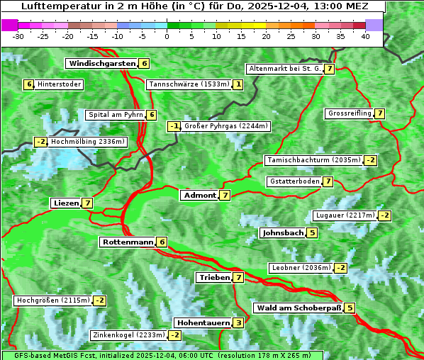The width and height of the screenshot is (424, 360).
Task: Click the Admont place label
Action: [x=199, y=195]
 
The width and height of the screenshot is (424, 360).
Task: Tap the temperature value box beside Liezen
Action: [x=88, y=203]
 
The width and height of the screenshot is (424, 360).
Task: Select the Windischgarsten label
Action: [x=101, y=63]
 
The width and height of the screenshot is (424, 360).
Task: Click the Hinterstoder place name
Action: [x=60, y=84]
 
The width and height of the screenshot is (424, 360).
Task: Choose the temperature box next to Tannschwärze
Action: [x=238, y=84]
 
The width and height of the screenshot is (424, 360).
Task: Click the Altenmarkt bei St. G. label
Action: [x=284, y=69]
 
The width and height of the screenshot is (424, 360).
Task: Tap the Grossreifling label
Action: [x=350, y=113]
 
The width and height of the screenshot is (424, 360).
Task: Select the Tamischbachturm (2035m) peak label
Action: [x=313, y=160]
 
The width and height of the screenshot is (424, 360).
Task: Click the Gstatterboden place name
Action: [x=294, y=181]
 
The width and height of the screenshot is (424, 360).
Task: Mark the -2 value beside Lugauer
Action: [x=384, y=215]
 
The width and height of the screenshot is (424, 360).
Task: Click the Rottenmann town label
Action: [x=128, y=242]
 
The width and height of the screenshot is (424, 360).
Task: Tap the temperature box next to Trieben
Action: [x=238, y=277]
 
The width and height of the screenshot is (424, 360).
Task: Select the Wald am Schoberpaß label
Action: [x=299, y=308]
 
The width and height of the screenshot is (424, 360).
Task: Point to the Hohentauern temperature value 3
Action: [x=238, y=322]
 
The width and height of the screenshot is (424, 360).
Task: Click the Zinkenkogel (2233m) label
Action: [x=128, y=334]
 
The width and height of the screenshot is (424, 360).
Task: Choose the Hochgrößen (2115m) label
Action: [x=53, y=300]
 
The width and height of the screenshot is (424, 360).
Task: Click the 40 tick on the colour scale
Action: [x=365, y=35]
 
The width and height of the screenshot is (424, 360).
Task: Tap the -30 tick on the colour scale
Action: [x=18, y=35]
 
